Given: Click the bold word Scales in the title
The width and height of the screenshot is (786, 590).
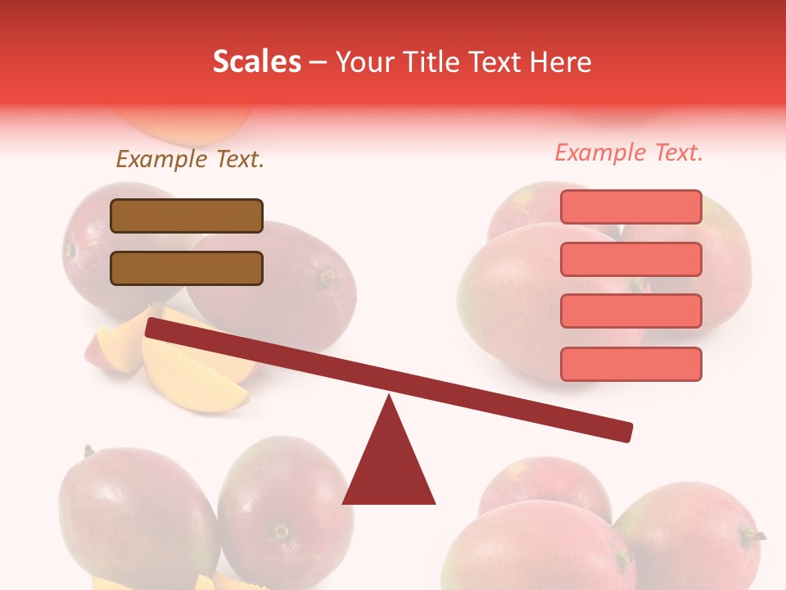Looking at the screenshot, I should (256, 62).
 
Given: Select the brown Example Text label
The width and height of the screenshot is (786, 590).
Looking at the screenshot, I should (190, 159).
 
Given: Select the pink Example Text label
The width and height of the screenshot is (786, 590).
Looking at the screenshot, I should (629, 152).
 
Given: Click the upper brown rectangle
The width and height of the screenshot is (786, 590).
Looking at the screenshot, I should (187, 216).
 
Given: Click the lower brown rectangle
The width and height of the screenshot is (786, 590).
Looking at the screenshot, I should (187, 268).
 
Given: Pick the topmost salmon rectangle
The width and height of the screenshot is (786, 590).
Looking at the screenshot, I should (630, 206).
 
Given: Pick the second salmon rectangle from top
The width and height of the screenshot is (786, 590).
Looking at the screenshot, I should (630, 259).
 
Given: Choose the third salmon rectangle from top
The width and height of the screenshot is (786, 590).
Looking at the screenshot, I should (630, 311).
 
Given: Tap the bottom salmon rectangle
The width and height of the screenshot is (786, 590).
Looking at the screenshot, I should (630, 364).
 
